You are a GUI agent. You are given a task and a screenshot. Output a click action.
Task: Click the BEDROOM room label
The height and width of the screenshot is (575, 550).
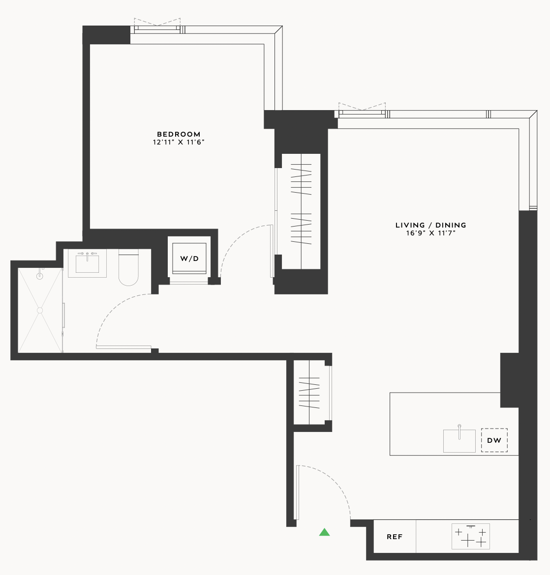(x=179, y=134)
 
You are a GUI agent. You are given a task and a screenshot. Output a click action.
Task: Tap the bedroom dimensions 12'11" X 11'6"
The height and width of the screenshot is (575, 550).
(x=179, y=143)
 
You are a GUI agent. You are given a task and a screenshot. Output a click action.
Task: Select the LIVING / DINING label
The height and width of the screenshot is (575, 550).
(x=430, y=225)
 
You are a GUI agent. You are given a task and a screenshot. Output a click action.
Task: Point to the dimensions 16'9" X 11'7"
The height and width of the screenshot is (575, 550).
(x=430, y=233)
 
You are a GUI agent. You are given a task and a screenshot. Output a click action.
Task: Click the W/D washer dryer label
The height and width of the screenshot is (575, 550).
(x=189, y=259)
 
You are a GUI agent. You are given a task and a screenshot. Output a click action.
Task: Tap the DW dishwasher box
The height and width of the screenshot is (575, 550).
(x=494, y=440)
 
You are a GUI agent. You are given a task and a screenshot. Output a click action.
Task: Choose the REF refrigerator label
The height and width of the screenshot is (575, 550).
(x=395, y=537)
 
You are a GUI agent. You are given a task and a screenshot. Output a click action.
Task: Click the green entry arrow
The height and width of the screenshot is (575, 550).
(x=324, y=532)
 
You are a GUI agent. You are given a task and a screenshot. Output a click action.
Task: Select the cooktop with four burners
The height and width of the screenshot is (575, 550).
(x=471, y=536)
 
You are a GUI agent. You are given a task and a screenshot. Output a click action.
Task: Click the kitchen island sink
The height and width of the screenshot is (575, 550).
(x=459, y=440)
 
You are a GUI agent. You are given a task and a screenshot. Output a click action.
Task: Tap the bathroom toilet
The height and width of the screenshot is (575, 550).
(x=128, y=268)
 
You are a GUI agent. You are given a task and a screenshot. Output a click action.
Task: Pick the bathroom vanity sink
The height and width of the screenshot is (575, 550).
(x=88, y=263)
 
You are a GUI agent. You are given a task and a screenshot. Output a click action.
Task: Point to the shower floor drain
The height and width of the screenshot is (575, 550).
(x=40, y=310)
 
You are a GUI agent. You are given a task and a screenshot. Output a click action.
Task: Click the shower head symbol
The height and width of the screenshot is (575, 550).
(x=40, y=275)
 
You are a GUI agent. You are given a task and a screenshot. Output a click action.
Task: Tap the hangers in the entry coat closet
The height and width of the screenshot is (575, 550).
(x=309, y=393)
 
